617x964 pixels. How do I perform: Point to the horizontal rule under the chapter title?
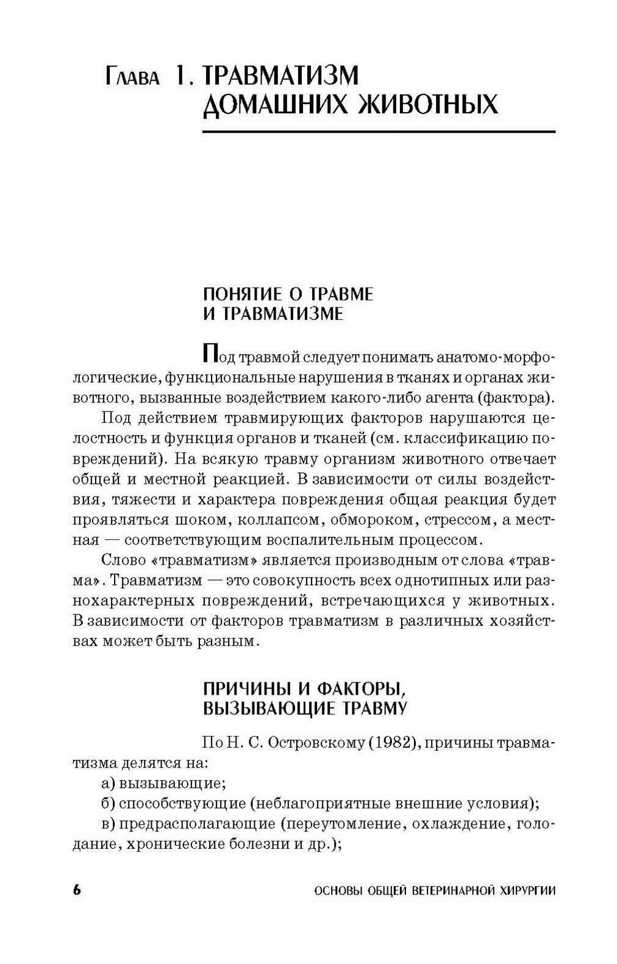tap(379, 132)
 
